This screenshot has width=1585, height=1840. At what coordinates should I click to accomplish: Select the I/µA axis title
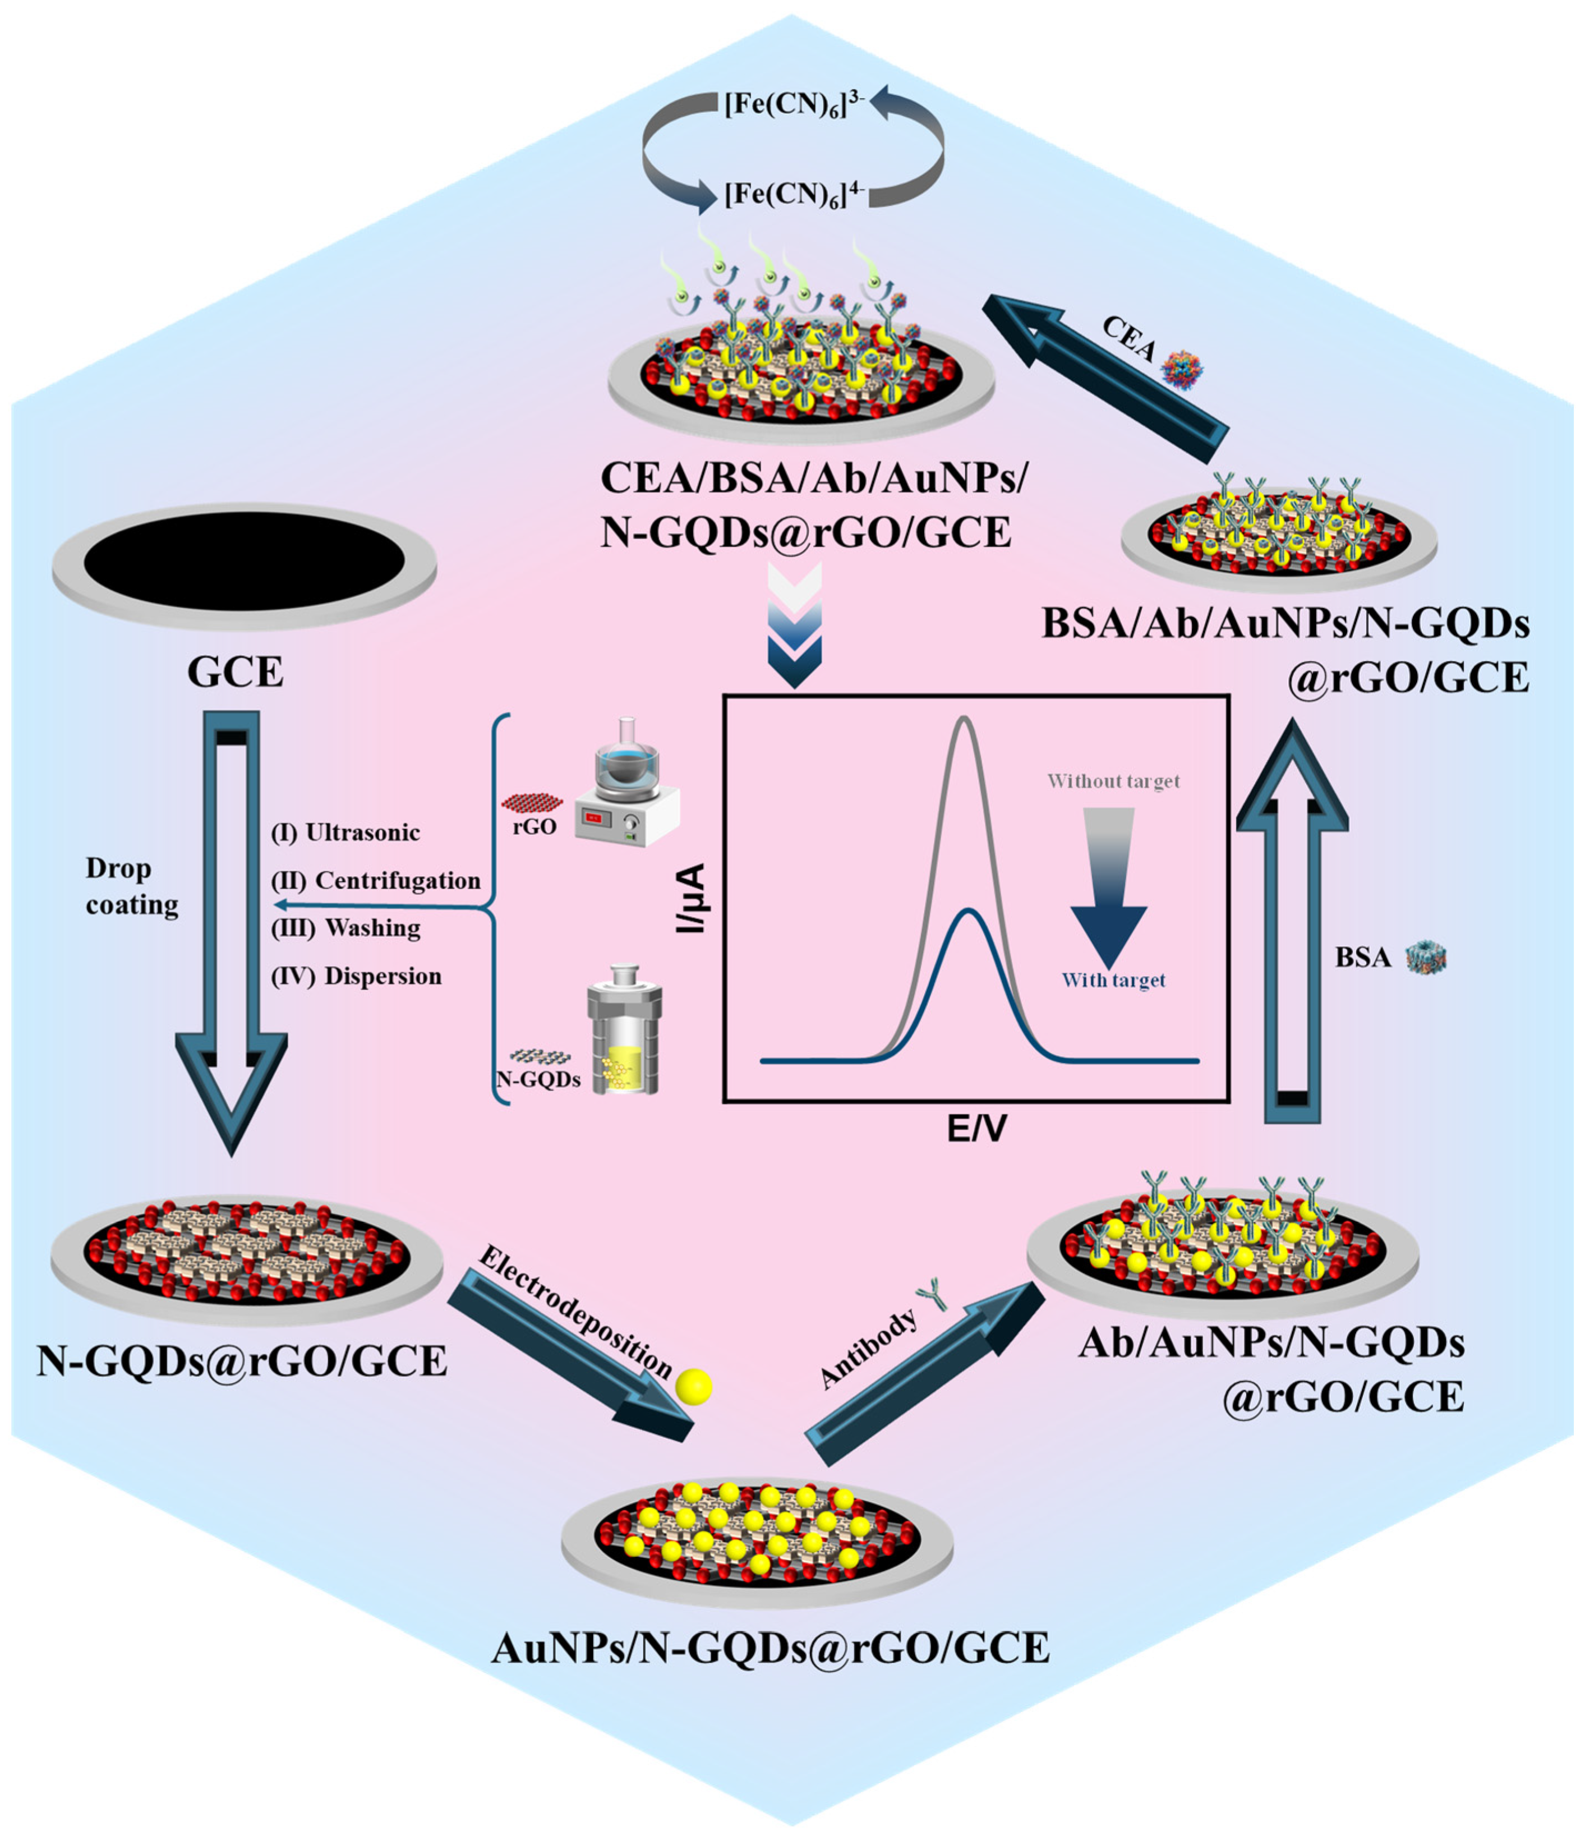click(x=691, y=898)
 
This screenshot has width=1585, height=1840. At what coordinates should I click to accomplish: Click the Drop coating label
click(x=131, y=886)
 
